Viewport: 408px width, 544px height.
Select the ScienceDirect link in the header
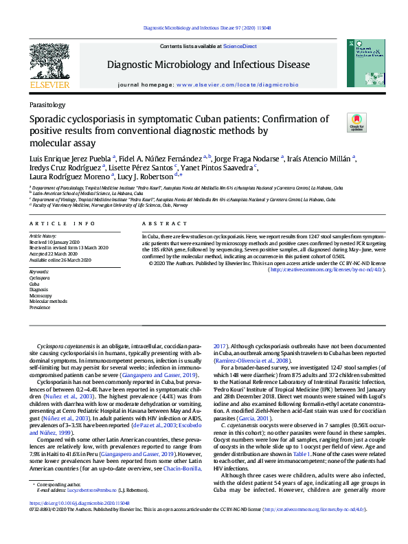pos(240,46)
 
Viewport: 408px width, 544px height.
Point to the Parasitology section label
pos(47,105)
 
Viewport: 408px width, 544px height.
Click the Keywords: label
pos(40,272)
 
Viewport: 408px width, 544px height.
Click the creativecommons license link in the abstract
pos(326,270)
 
